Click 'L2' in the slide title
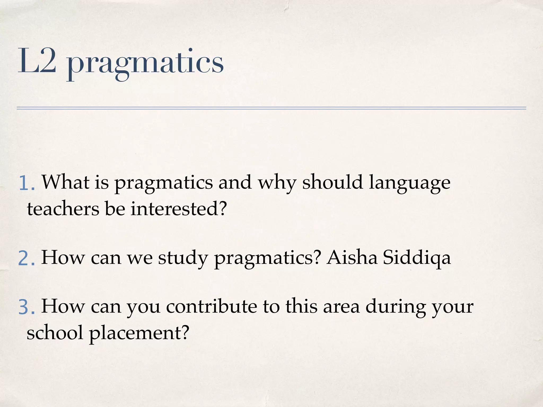pyautogui.click(x=37, y=61)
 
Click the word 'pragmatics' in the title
pyautogui.click(x=145, y=64)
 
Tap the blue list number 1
pyautogui.click(x=27, y=183)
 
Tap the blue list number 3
pyautogui.click(x=27, y=307)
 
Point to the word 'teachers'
pyautogui.click(x=63, y=209)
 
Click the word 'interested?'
pyautogui.click(x=179, y=209)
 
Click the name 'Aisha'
pyautogui.click(x=352, y=257)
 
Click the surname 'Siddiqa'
pyautogui.click(x=417, y=258)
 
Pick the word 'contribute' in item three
pyautogui.click(x=211, y=307)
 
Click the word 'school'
pyautogui.click(x=55, y=333)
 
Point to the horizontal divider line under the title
pyautogui.click(x=271, y=108)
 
